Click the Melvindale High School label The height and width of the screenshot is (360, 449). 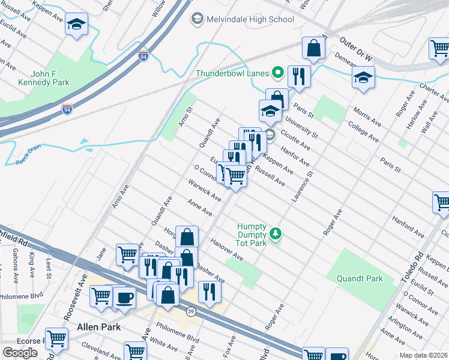coord(250,19)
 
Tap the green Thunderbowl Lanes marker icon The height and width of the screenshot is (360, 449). coord(277,74)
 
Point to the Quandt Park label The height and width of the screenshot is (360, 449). coord(376,278)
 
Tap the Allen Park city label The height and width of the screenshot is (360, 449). coord(98,327)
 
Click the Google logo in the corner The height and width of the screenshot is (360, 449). coord(20,353)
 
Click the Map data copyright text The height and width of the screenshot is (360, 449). coord(424,355)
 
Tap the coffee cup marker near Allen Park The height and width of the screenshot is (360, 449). coord(124,296)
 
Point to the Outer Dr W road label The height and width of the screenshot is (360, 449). coord(356,51)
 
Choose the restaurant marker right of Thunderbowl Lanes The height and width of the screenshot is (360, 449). coord(297,76)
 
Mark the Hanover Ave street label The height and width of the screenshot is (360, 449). coord(226,250)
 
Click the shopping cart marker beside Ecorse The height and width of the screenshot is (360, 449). coord(56,337)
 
